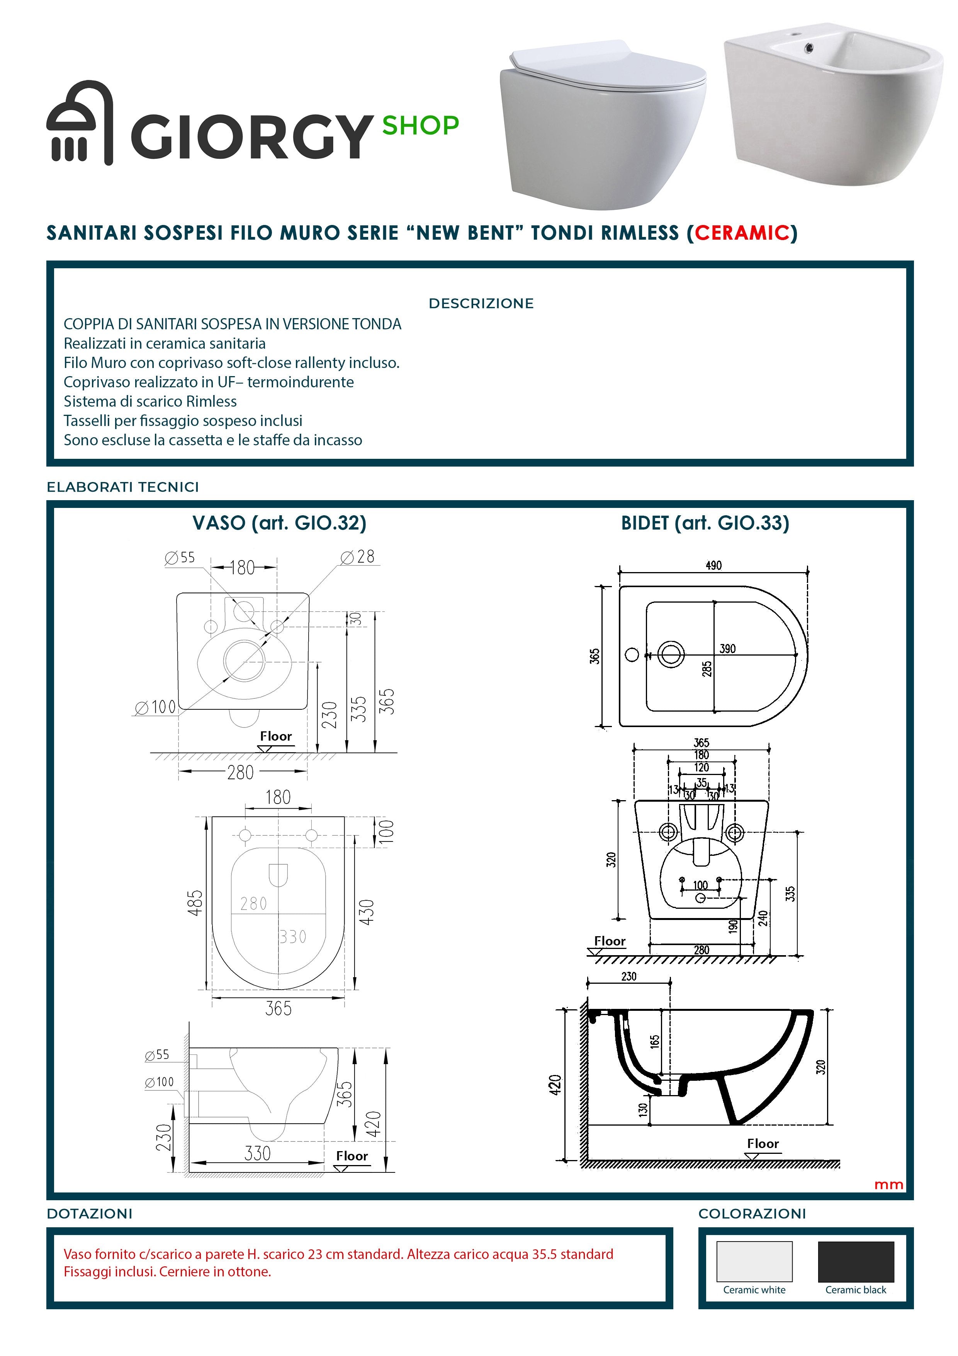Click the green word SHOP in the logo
click(x=420, y=125)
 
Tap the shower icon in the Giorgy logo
click(x=79, y=123)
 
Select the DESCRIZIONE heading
click(x=481, y=303)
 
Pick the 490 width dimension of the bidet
click(x=713, y=565)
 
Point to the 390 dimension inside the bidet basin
click(x=727, y=649)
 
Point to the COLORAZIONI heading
click(x=751, y=1214)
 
